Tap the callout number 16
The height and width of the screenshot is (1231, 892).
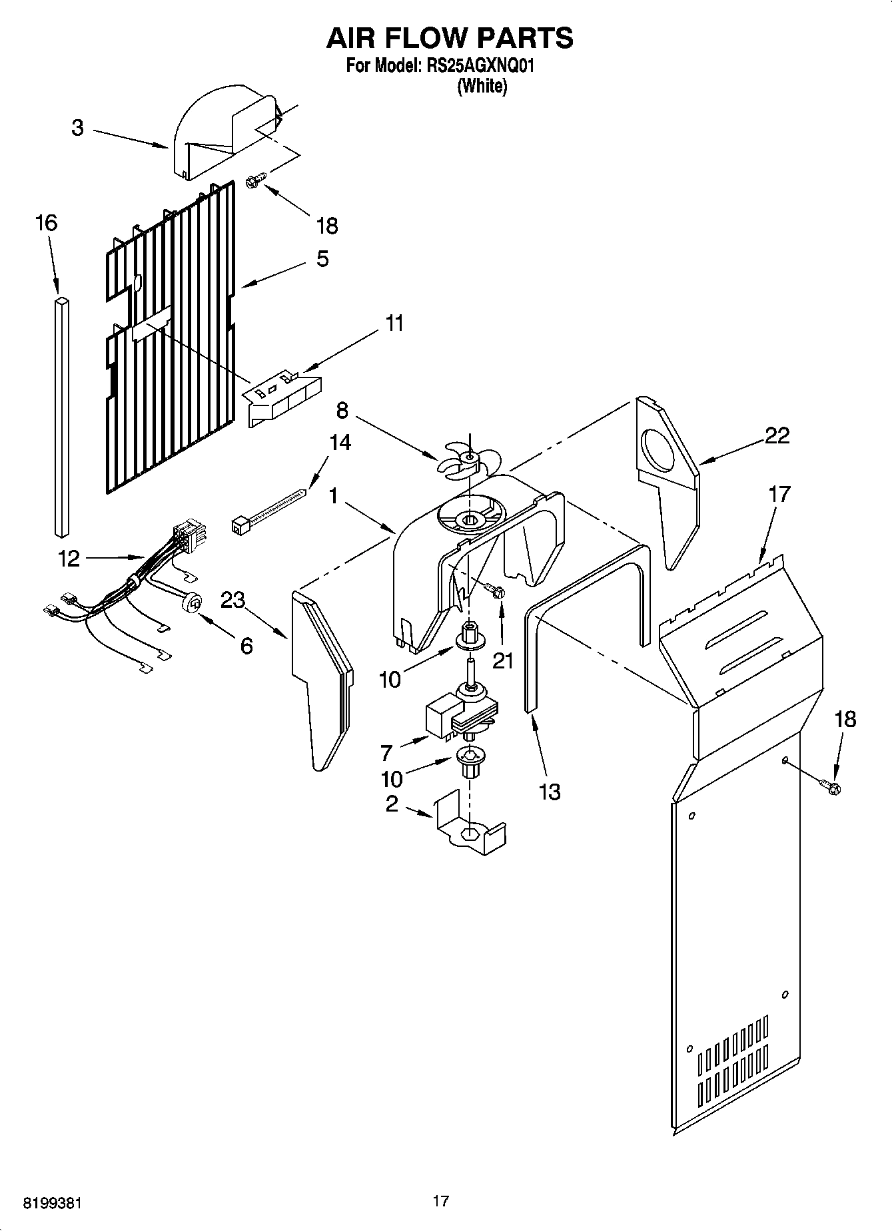tap(46, 223)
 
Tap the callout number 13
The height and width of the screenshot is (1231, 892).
tap(550, 792)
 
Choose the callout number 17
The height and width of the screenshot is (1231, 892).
tap(779, 494)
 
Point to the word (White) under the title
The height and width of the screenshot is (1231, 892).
tap(482, 87)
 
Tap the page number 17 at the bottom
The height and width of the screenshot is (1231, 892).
tap(440, 1201)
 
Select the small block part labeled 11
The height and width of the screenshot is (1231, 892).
tap(283, 397)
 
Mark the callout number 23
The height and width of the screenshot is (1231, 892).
tap(232, 600)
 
